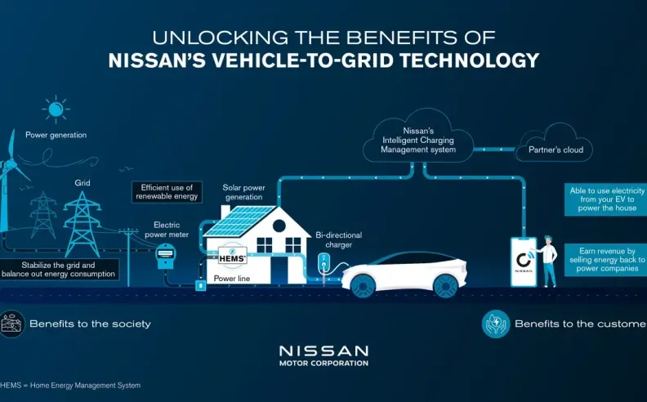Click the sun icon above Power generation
[56, 109]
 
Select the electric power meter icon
[166, 254]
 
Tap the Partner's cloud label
[556, 150]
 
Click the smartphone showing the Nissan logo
[524, 261]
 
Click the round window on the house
[279, 226]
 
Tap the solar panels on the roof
[238, 221]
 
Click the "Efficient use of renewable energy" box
[167, 192]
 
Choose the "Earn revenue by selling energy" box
[606, 260]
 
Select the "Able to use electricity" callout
[606, 199]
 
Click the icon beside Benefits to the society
[11, 324]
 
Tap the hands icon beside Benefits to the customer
[496, 324]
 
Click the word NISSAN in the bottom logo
[324, 351]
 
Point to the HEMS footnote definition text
[70, 386]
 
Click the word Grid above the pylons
[83, 182]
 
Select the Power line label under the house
[231, 279]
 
